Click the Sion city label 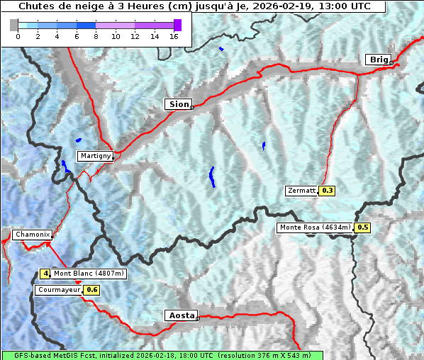[x=179, y=104]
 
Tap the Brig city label [x=378, y=60]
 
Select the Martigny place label [x=94, y=156]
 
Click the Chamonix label [x=32, y=235]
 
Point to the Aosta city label [x=180, y=315]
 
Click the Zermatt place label [x=301, y=191]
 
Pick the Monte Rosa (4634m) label [x=315, y=227]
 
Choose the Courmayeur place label [x=59, y=290]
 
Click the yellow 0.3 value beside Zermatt [x=328, y=191]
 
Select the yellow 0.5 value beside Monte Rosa [x=362, y=227]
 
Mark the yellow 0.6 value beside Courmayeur [x=91, y=290]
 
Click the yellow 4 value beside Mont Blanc [x=45, y=274]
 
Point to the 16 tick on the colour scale [x=173, y=37]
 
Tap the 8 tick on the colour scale [x=96, y=37]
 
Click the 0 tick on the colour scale [x=18, y=37]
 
